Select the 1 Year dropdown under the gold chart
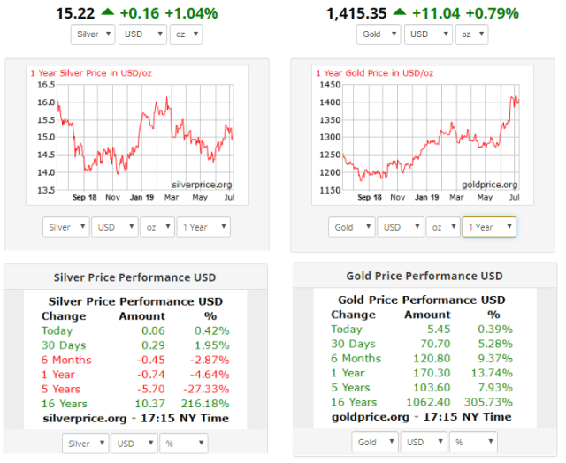click(488, 227)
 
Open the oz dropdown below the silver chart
click(157, 227)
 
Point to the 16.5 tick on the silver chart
click(46, 85)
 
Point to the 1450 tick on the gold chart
click(329, 85)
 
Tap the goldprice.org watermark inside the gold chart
click(487, 184)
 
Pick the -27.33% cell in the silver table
click(210, 389)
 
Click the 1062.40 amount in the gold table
click(427, 402)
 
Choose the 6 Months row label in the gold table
click(356, 358)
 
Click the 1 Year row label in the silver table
click(58, 374)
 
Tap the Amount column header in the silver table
click(141, 315)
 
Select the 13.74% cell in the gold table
click(493, 373)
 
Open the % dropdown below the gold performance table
click(475, 442)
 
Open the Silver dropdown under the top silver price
click(93, 34)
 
